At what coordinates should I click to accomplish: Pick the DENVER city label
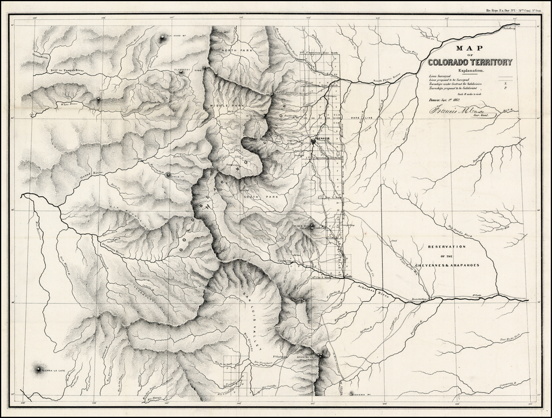[x=325, y=139]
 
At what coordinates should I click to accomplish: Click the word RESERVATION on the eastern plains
[x=446, y=247]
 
